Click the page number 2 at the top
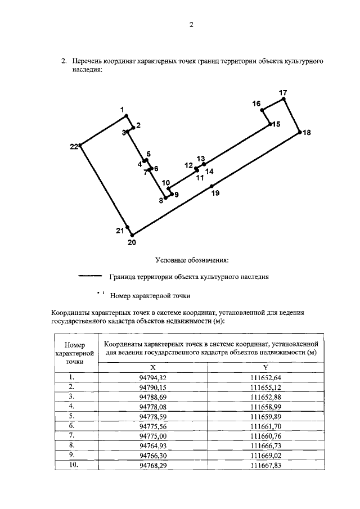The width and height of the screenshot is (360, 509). [x=191, y=25]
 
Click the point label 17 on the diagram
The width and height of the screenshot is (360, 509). [x=283, y=92]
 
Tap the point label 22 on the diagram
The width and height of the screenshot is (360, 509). [x=74, y=147]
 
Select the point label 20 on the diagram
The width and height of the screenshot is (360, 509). [x=132, y=243]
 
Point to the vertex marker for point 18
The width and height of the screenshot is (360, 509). [x=299, y=132]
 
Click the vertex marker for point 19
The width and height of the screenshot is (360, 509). [x=211, y=186]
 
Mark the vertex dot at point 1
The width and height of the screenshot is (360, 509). [x=125, y=116]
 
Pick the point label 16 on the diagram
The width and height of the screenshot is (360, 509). [x=256, y=103]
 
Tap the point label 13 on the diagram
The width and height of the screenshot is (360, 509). [x=201, y=159]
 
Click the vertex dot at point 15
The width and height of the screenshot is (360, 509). [x=270, y=124]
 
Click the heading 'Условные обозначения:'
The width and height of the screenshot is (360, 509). [x=192, y=260]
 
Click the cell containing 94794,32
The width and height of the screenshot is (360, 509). [x=153, y=377]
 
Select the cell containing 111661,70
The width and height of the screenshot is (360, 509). [x=265, y=427]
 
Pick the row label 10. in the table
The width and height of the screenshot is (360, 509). [x=71, y=465]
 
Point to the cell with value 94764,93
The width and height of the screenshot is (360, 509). [x=153, y=446]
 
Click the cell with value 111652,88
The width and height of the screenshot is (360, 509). [x=265, y=397]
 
